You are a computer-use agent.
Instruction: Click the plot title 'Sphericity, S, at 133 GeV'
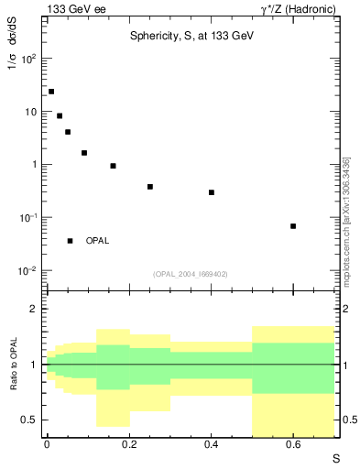pyautogui.click(x=190, y=34)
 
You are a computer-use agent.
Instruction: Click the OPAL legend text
pyautogui.click(x=97, y=241)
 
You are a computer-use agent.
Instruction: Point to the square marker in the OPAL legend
pyautogui.click(x=71, y=241)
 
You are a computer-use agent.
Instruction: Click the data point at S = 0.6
pyautogui.click(x=293, y=225)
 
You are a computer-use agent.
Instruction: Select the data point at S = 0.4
pyautogui.click(x=211, y=192)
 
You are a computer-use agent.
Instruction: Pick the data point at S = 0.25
pyautogui.click(x=149, y=187)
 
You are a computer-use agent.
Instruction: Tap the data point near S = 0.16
pyautogui.click(x=113, y=166)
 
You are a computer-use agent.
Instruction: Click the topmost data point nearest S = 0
pyautogui.click(x=51, y=92)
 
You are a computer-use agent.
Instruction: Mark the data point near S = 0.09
pyautogui.click(x=84, y=153)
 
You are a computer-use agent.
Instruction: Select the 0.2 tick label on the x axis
pyautogui.click(x=128, y=445)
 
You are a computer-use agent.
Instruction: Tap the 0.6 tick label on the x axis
pyautogui.click(x=293, y=445)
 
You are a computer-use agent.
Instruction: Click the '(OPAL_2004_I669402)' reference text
pyautogui.click(x=190, y=273)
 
